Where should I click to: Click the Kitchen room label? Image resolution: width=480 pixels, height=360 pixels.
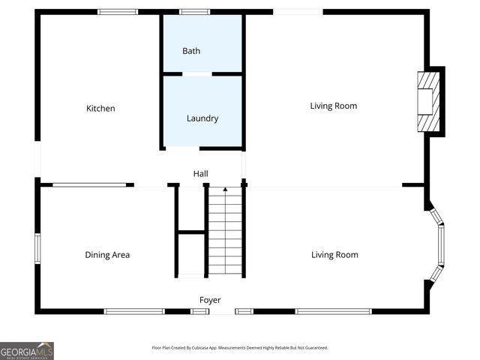click(x=100, y=109)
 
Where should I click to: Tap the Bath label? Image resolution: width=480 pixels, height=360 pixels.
click(x=191, y=51)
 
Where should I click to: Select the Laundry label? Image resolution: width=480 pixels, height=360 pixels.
click(x=202, y=118)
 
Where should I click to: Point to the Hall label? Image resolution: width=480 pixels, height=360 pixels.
click(x=200, y=174)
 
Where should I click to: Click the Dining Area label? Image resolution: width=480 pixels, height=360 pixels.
click(x=107, y=255)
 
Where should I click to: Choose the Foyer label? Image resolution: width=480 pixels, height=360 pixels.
click(x=210, y=300)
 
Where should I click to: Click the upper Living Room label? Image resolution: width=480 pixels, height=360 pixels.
click(x=334, y=106)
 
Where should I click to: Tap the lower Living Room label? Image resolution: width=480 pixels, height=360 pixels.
click(x=334, y=255)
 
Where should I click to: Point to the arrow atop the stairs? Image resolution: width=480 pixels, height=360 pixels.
click(x=225, y=190)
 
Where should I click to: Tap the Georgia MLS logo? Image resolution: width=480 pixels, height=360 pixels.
click(x=27, y=351)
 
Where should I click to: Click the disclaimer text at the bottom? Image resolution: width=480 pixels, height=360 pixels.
click(x=240, y=348)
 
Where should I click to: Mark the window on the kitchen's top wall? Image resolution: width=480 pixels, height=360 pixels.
click(x=118, y=12)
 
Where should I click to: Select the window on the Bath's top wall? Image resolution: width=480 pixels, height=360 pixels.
click(x=195, y=12)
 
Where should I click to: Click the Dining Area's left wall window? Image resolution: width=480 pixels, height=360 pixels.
click(x=37, y=248)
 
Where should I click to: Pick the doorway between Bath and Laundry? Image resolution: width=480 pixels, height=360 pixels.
click(x=197, y=73)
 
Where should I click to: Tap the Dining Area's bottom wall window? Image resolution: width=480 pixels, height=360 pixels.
click(x=134, y=311)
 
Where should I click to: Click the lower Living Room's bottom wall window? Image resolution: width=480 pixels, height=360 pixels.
click(x=333, y=311)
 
